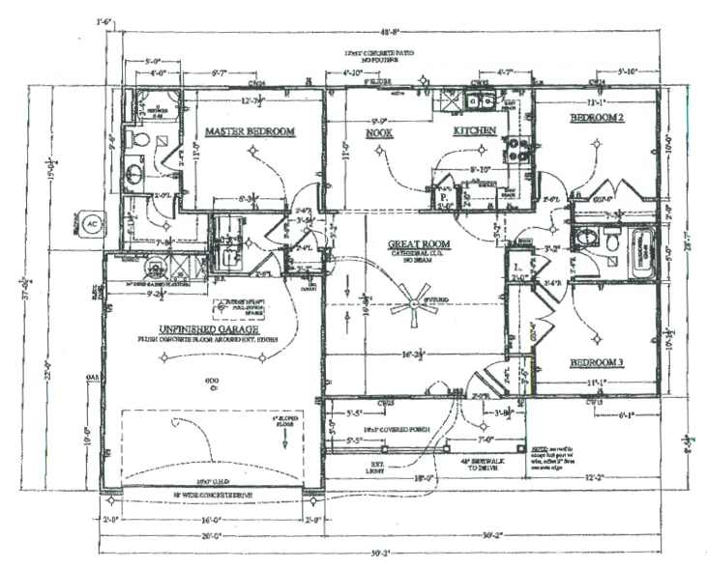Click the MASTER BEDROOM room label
[249, 131]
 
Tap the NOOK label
[378, 133]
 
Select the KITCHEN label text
[476, 130]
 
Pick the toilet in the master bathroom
[138, 140]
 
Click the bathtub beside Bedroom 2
[641, 255]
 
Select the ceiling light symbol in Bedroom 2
[594, 149]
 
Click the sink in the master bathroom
[133, 175]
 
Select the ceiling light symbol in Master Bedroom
[254, 151]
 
